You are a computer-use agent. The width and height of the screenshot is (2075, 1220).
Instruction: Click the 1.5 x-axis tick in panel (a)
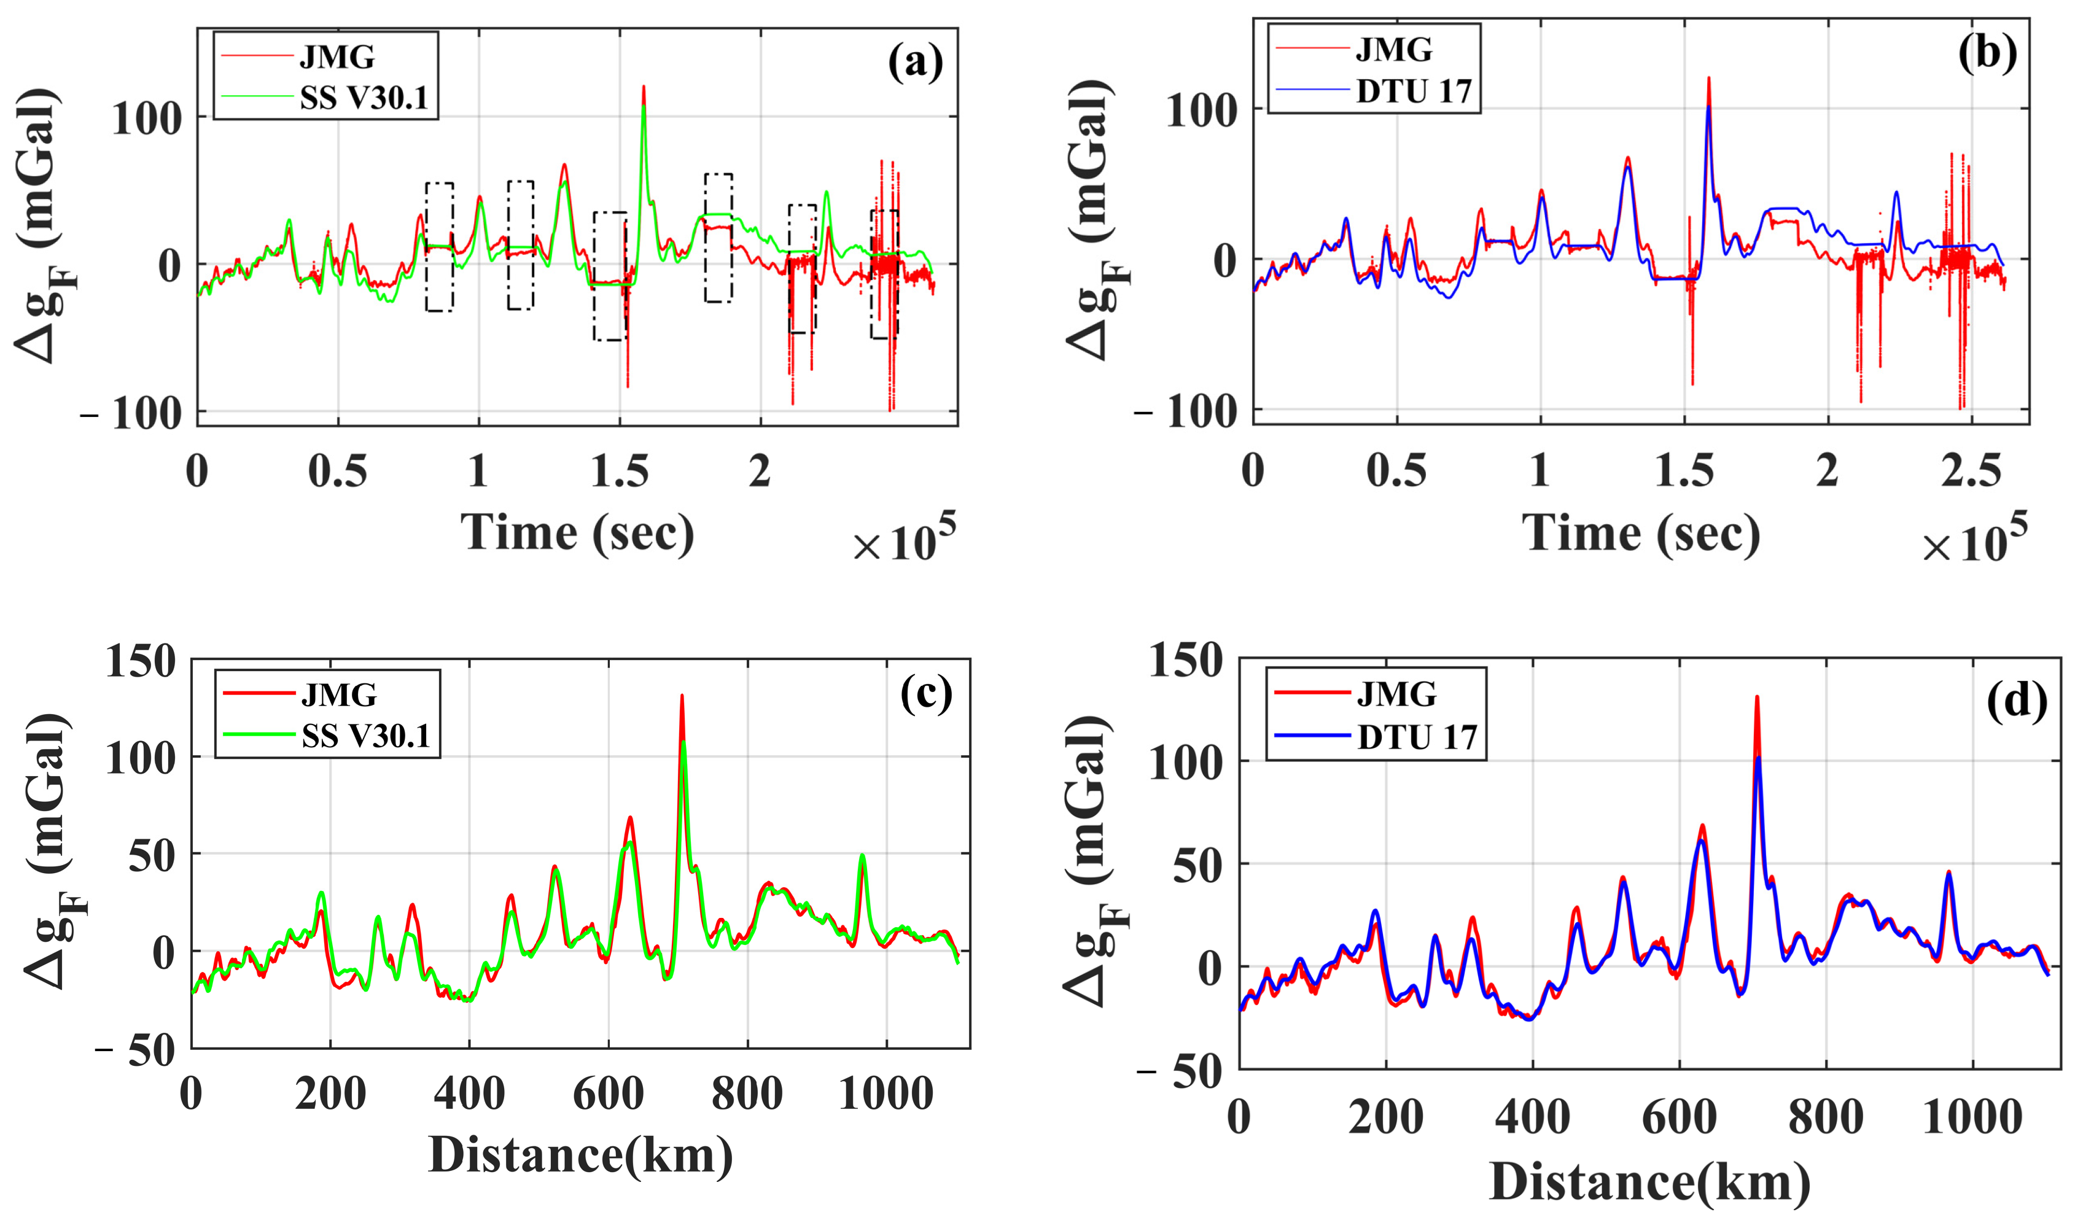point(619,471)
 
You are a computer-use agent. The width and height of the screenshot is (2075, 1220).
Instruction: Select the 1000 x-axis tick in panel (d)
point(1971,1118)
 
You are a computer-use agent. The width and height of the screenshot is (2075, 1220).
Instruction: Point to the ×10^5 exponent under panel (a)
point(903,539)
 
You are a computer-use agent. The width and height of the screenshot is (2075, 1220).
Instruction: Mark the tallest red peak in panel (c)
point(682,696)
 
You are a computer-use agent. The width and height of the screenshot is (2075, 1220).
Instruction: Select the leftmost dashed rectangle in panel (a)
point(439,247)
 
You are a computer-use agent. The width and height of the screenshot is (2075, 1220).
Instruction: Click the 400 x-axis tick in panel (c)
point(469,1094)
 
